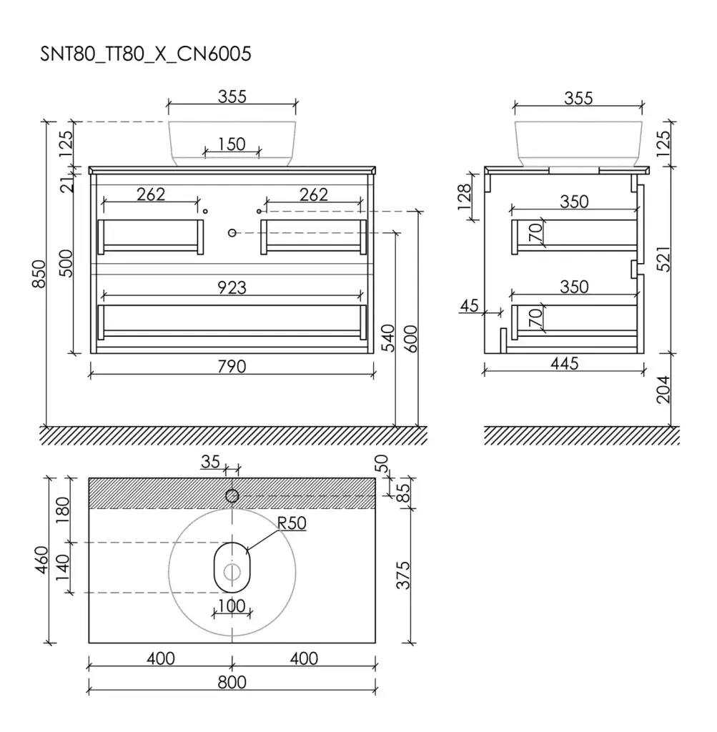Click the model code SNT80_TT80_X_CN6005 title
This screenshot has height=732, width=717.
(x=146, y=54)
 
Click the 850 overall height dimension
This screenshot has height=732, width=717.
(x=39, y=274)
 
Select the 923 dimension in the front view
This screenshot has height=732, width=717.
(x=232, y=287)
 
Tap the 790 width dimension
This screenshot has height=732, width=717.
(x=232, y=367)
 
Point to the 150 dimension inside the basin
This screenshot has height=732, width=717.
(x=232, y=144)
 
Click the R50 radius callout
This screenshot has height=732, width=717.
(x=292, y=523)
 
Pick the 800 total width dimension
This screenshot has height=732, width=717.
(x=232, y=683)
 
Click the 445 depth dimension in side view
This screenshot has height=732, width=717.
(x=564, y=363)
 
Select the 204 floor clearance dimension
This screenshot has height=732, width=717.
(x=663, y=390)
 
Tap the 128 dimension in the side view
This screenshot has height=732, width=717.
(x=465, y=197)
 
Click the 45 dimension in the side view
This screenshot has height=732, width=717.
(x=469, y=306)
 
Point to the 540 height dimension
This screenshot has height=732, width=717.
(x=388, y=338)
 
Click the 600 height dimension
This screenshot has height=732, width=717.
(x=410, y=339)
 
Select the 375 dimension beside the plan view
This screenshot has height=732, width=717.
(x=403, y=575)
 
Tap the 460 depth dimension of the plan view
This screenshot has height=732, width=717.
(x=42, y=560)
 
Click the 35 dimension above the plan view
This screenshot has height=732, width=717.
(x=211, y=462)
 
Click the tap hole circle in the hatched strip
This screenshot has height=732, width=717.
(x=232, y=496)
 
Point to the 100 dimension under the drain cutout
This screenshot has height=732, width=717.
(x=232, y=606)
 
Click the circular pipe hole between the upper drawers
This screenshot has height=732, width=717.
(x=232, y=232)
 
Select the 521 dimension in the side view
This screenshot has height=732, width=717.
(x=663, y=259)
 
